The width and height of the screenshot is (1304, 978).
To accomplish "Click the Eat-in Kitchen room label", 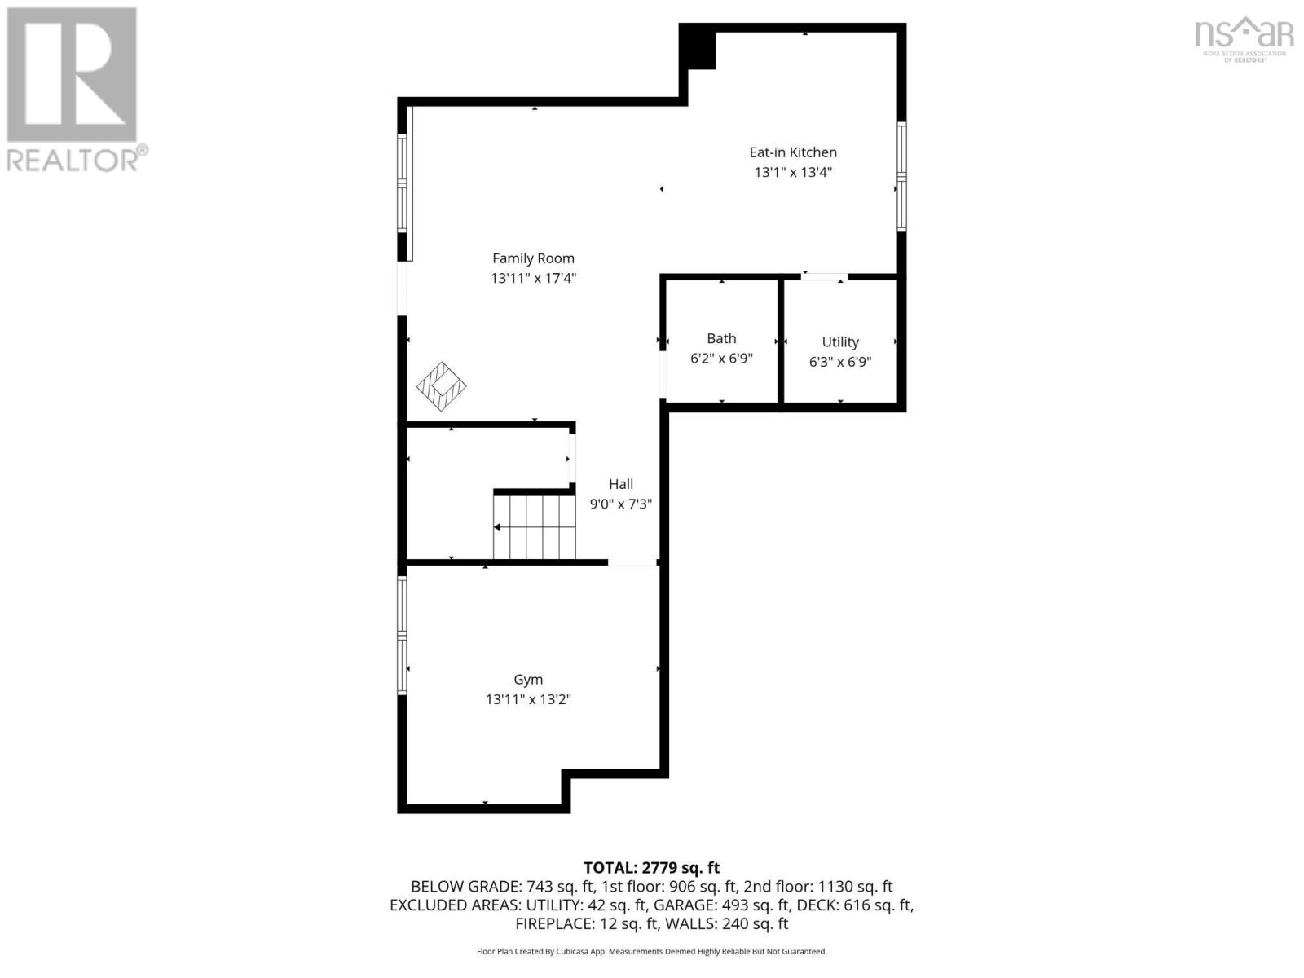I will (793, 152).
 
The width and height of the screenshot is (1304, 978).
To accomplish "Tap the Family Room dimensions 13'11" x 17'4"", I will (533, 279).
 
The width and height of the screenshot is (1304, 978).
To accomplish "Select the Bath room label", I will (721, 338).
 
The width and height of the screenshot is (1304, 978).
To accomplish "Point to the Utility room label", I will (840, 342).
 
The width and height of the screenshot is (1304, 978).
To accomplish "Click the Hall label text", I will (621, 484).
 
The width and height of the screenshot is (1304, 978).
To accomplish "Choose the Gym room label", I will (528, 680).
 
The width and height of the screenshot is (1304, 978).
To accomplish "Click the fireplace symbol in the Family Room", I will (441, 386).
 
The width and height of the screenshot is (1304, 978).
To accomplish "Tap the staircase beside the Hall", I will (535, 526).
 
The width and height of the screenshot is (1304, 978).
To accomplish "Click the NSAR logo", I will (1244, 39).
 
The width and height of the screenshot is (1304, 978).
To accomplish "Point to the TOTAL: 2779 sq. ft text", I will (651, 868).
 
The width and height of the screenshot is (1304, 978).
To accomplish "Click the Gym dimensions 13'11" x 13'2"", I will (528, 699).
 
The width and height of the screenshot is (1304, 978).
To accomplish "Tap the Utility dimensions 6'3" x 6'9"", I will (840, 362).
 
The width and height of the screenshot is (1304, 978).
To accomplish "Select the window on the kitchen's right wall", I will (901, 176).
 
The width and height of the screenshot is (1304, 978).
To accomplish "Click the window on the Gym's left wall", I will (402, 635).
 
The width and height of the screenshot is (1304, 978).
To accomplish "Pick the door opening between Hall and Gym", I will (632, 563).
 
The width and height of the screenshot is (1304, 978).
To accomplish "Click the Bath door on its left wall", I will (663, 373).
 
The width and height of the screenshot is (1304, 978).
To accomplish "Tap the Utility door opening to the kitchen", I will (823, 277).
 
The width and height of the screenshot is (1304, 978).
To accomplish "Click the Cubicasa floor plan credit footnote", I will (651, 951).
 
